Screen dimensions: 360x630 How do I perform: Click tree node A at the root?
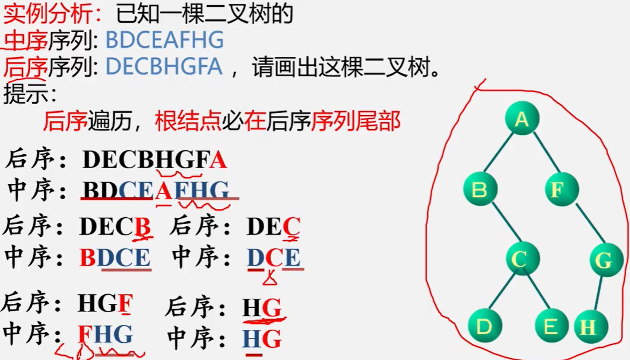[x=522, y=118]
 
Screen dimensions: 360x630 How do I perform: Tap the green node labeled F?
[x=562, y=189]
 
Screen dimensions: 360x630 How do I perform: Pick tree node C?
[x=518, y=259]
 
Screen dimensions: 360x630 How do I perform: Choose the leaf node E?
[x=551, y=326]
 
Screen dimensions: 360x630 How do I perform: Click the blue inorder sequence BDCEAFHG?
[x=164, y=40]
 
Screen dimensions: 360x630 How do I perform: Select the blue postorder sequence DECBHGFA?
[x=164, y=67]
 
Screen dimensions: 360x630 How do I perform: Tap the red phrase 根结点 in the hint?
[x=188, y=122]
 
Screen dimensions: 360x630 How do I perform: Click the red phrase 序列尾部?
[x=356, y=122]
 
